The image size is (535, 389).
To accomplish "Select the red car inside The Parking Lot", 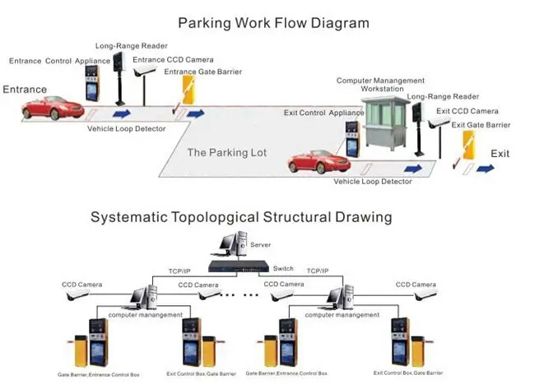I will click(x=314, y=160).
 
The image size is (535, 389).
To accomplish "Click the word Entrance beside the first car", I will click(x=25, y=90).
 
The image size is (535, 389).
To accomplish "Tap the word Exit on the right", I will click(x=500, y=154).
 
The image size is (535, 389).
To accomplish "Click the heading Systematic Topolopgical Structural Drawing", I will click(x=240, y=218).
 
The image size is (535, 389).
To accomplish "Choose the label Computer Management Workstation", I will click(x=381, y=85).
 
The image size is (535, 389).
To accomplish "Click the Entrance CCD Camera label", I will click(x=173, y=59).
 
